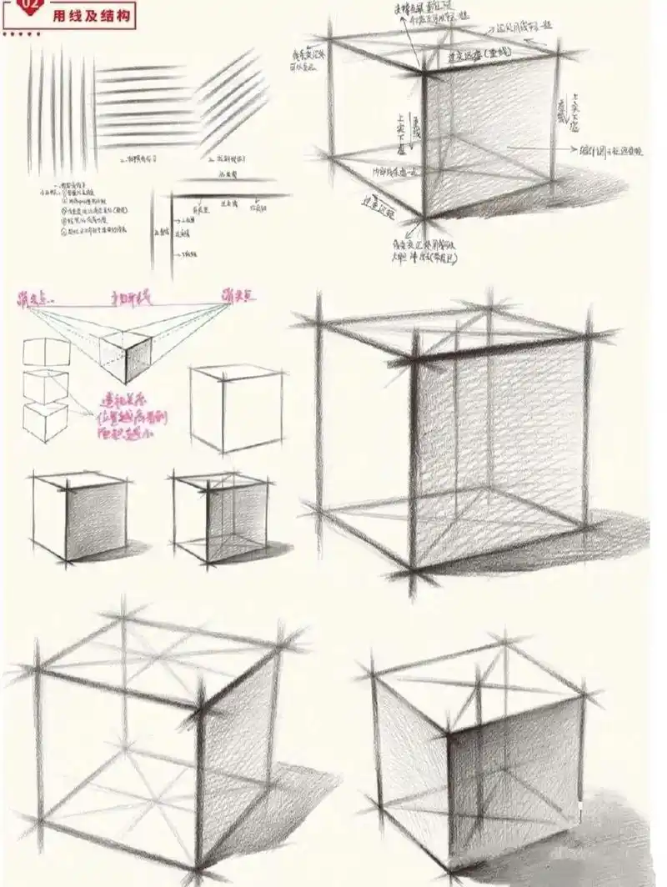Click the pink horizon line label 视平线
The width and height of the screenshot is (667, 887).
[x=129, y=296]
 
